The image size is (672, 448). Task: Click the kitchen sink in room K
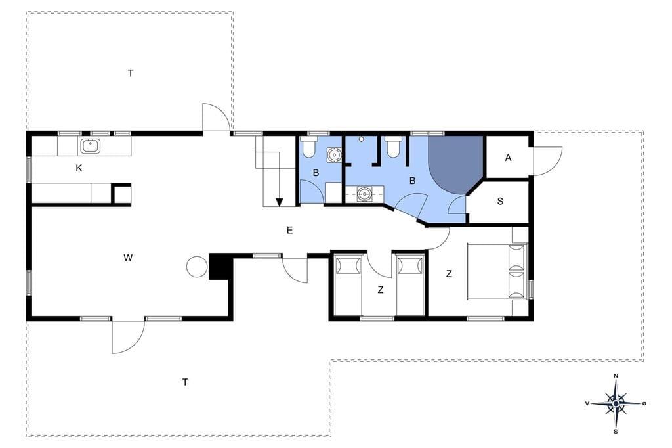tap(91, 146)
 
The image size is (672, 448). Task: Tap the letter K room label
tap(79, 168)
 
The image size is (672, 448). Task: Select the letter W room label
tap(128, 258)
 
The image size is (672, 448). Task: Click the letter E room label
tap(289, 231)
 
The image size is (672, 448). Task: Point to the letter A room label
tap(509, 158)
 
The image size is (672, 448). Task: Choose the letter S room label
tap(500, 201)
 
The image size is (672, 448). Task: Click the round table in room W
tap(198, 267)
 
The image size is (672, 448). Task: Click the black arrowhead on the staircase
tap(280, 202)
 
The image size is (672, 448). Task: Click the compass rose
tap(616, 404)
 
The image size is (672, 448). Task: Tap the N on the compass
tap(616, 376)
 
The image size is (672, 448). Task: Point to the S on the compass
tap(616, 432)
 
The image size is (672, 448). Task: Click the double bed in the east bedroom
tap(496, 271)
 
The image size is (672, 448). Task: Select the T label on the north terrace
tap(131, 74)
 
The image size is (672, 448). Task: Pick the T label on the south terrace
tap(185, 382)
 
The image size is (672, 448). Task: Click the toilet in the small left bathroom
tap(308, 147)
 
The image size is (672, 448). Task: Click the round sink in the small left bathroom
tap(334, 154)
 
